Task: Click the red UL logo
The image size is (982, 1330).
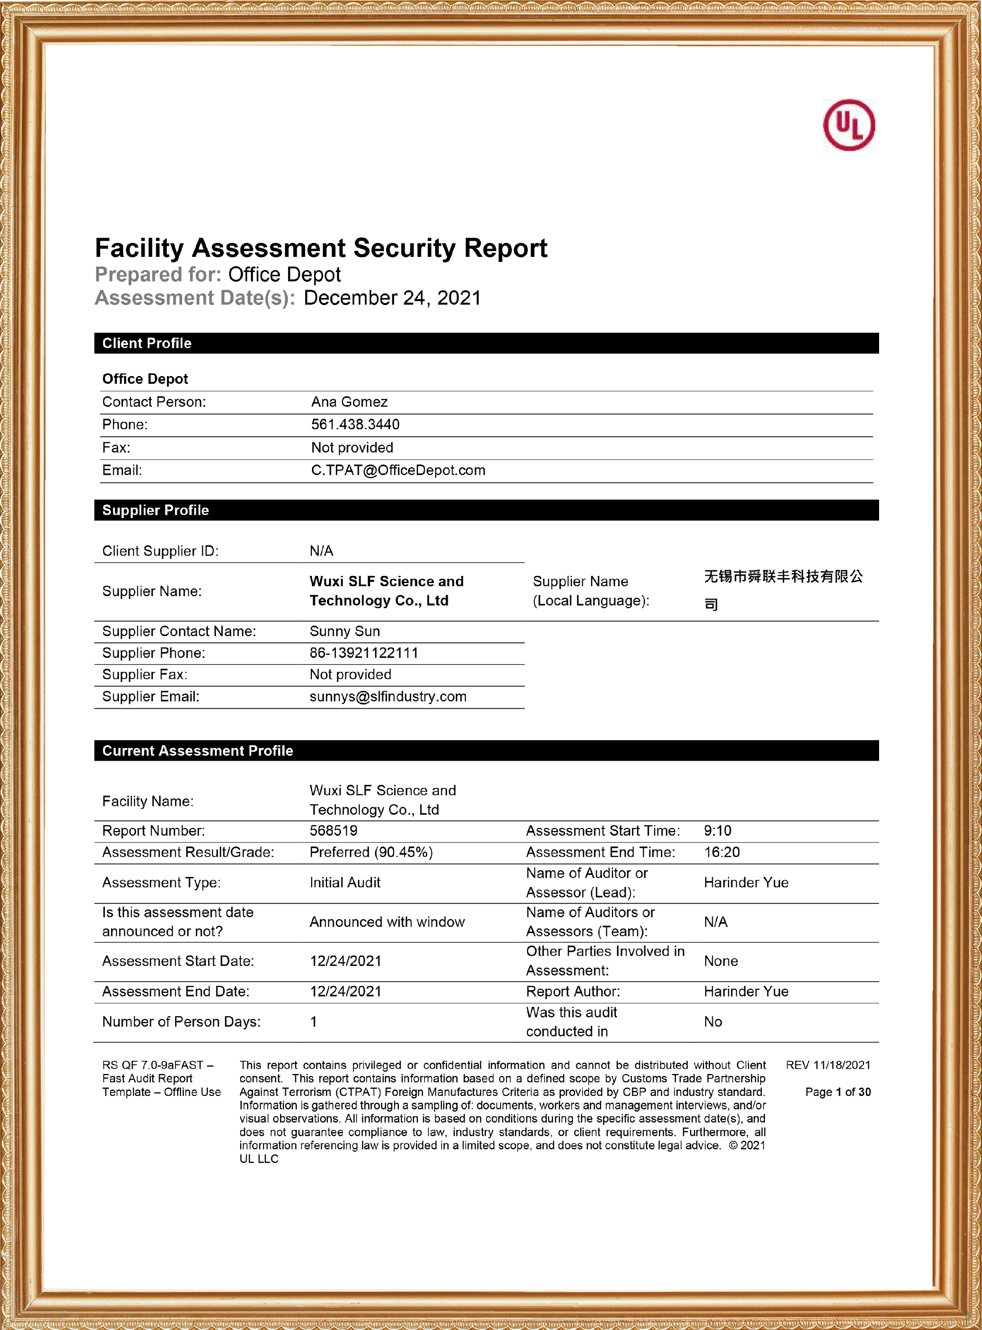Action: pyautogui.click(x=848, y=125)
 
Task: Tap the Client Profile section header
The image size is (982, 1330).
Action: pyautogui.click(x=147, y=343)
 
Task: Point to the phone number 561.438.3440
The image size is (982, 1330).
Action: pyautogui.click(x=355, y=425)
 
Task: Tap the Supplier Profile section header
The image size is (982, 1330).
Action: pyautogui.click(x=156, y=510)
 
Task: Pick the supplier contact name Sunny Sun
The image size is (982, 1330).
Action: pyautogui.click(x=345, y=632)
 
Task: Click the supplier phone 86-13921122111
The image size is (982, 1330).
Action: pyautogui.click(x=364, y=653)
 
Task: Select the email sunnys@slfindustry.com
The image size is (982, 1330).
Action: pyautogui.click(x=388, y=696)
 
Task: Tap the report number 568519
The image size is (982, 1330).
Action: pyautogui.click(x=333, y=831)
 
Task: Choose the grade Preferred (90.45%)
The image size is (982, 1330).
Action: pyautogui.click(x=371, y=853)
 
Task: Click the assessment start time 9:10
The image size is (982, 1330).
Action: pyautogui.click(x=718, y=831)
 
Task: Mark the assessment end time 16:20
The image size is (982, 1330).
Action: pyautogui.click(x=722, y=853)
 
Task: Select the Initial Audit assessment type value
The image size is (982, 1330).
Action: pyautogui.click(x=345, y=883)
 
